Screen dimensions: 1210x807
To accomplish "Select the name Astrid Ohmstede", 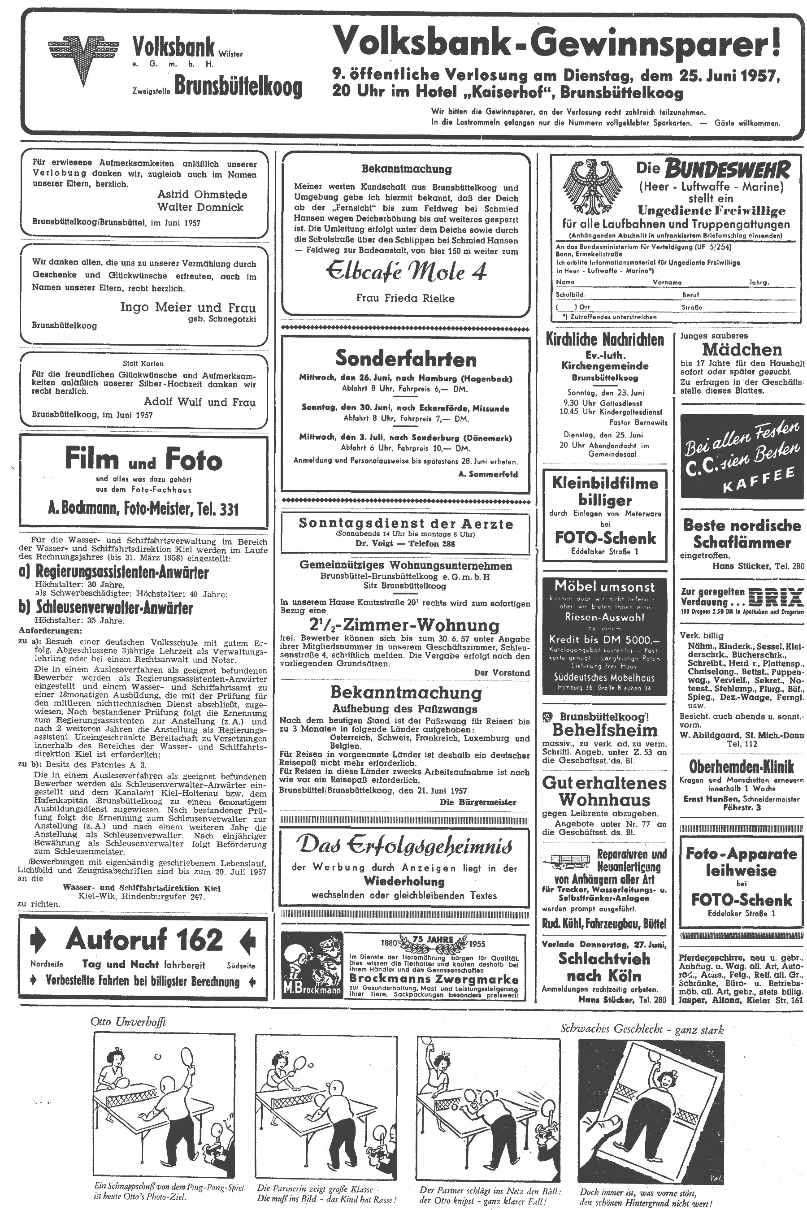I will (202, 195).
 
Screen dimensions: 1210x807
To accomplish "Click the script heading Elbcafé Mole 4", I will (406, 272).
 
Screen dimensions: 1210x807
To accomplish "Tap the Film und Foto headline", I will (143, 459).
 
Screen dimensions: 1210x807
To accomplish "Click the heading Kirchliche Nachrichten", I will (605, 340).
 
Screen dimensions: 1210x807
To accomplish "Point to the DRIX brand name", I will (776, 597).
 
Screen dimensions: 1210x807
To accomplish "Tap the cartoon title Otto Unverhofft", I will (128, 1022).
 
